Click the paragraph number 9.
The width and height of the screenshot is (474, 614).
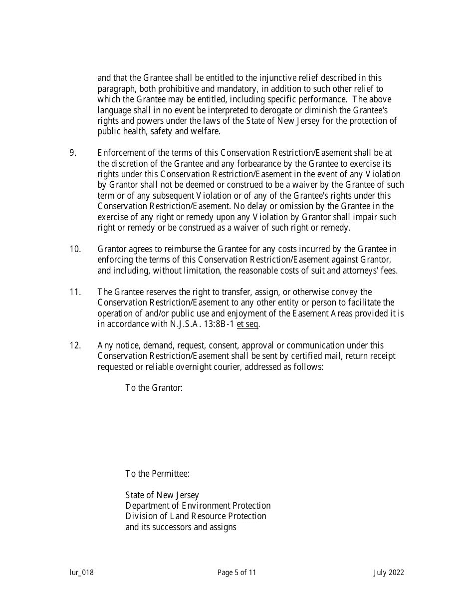point(73,153)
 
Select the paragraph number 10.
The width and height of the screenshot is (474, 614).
point(75,249)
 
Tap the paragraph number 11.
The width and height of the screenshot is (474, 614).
point(75,292)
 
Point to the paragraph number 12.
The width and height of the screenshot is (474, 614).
point(75,345)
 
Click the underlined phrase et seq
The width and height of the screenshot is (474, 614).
point(248,324)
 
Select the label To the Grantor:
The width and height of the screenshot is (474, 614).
point(154,388)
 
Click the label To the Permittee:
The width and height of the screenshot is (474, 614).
point(157,474)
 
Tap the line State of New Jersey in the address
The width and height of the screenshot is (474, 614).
point(162,495)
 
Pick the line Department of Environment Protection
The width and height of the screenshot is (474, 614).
point(198,506)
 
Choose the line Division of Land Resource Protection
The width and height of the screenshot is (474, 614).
point(196,516)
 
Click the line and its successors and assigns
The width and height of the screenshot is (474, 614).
point(181,527)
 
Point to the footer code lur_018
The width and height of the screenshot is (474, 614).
point(81,573)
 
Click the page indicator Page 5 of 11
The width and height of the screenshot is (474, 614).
point(237,573)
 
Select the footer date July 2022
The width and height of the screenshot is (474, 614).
point(389,573)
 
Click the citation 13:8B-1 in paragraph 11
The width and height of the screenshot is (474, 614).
point(218,324)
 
